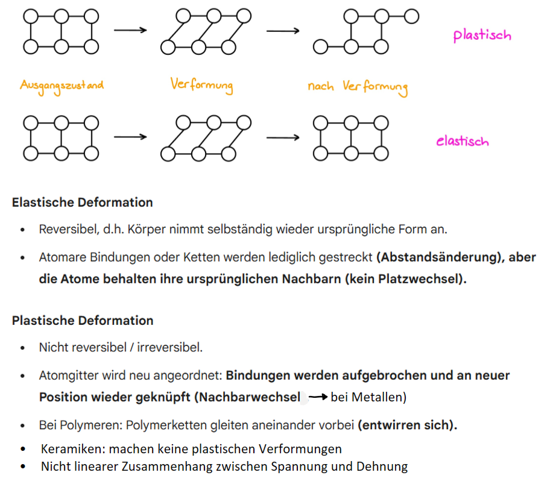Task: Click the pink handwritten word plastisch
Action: tap(482, 35)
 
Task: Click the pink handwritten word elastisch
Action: tap(462, 141)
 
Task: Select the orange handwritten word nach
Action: tap(321, 86)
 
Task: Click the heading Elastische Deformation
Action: tap(83, 202)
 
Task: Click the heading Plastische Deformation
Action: tap(83, 321)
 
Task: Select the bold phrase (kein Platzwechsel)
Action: tap(403, 279)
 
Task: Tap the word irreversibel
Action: tap(169, 347)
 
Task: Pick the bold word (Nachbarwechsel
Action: tap(247, 397)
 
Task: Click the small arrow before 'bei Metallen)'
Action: tap(318, 397)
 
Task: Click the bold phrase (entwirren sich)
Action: tap(407, 426)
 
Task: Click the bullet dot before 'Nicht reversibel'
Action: tap(23, 348)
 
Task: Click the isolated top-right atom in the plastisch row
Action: tap(412, 16)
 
